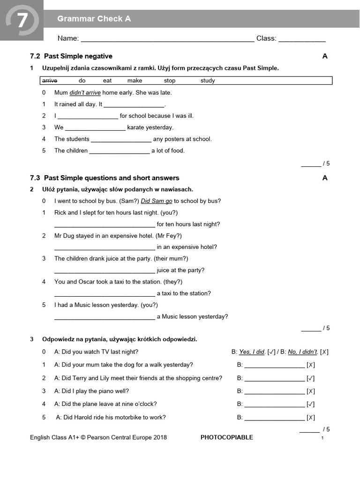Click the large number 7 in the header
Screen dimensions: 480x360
coord(22,21)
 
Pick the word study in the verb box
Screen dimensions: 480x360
coord(208,81)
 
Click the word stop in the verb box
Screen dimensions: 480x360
coord(170,81)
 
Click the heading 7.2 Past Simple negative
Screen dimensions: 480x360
coord(71,56)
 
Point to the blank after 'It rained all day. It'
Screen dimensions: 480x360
coord(134,105)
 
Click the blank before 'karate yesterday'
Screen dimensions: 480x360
coord(95,128)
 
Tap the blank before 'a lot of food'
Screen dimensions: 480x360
coord(119,152)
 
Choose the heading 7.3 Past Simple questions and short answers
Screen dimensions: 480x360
coord(105,178)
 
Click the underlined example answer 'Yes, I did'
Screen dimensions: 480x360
coord(252,352)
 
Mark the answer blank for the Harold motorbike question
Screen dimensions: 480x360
coord(274,419)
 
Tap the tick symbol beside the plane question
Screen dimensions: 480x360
coord(310,404)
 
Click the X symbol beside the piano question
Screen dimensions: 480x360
coord(310,391)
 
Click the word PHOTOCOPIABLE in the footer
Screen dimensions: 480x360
coord(226,437)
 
